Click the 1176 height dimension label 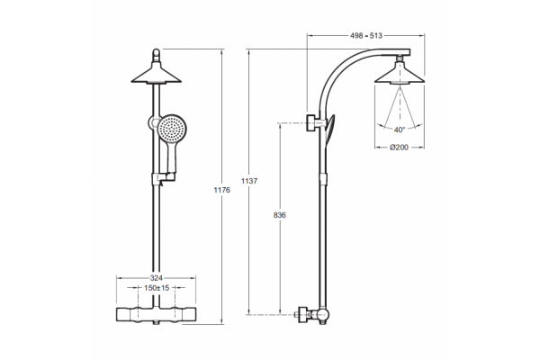(x=221, y=190)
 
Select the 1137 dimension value (x=249, y=181)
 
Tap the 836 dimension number (x=279, y=215)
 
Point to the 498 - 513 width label (x=366, y=35)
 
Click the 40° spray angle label (x=400, y=130)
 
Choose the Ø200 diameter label (x=399, y=148)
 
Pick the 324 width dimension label (x=157, y=278)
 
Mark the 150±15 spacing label (x=157, y=288)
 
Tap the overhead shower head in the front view (x=157, y=75)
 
